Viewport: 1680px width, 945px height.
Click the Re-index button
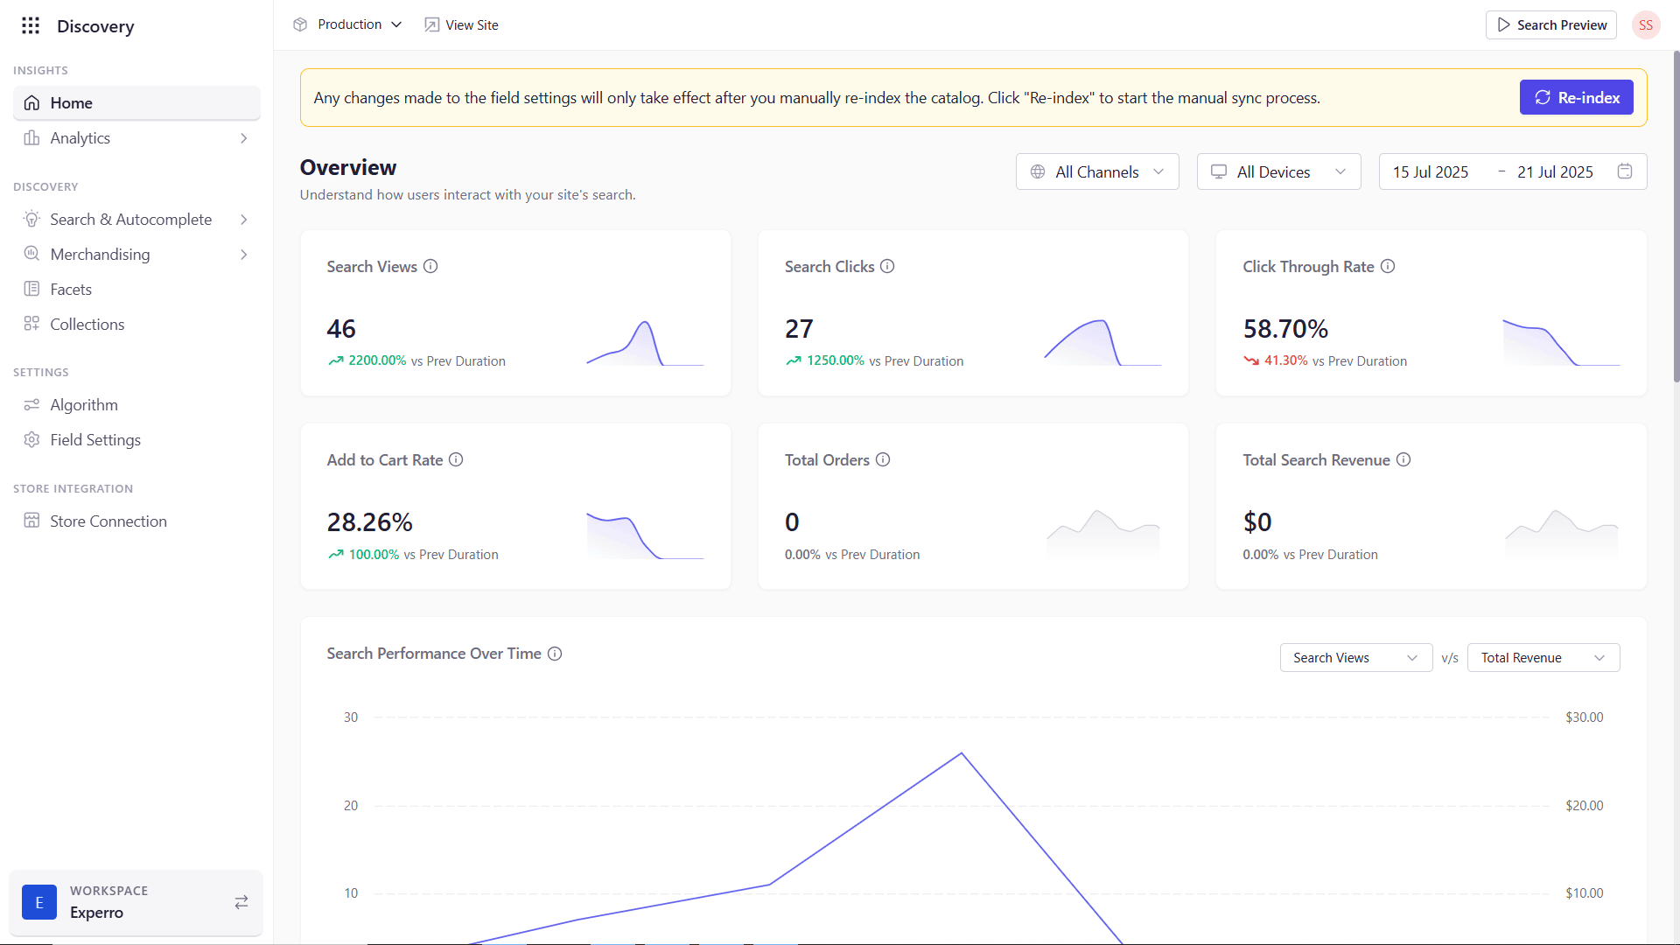coord(1576,98)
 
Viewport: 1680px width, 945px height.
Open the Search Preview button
coord(1551,25)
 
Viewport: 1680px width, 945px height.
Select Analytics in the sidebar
coord(80,138)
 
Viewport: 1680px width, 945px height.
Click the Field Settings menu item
coord(95,440)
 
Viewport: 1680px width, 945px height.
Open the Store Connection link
coord(108,521)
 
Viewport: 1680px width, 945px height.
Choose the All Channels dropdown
coord(1097,172)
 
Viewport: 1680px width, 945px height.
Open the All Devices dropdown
coord(1278,172)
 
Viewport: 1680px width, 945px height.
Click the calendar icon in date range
coord(1625,171)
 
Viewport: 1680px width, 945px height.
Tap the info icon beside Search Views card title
coord(430,267)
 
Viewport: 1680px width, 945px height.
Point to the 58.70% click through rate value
coord(1285,329)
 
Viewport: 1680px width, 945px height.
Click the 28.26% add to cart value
coord(369,522)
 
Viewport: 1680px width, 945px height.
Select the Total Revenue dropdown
coord(1543,658)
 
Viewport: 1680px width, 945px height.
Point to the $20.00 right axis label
coord(1584,806)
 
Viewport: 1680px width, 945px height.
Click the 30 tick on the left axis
coord(351,717)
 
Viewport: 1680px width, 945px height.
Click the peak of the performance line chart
coord(962,753)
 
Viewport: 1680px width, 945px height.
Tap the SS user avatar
coord(1646,25)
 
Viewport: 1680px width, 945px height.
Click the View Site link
coord(462,25)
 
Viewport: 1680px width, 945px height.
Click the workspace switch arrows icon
coord(241,902)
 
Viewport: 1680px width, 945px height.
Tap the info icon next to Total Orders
coord(883,460)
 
